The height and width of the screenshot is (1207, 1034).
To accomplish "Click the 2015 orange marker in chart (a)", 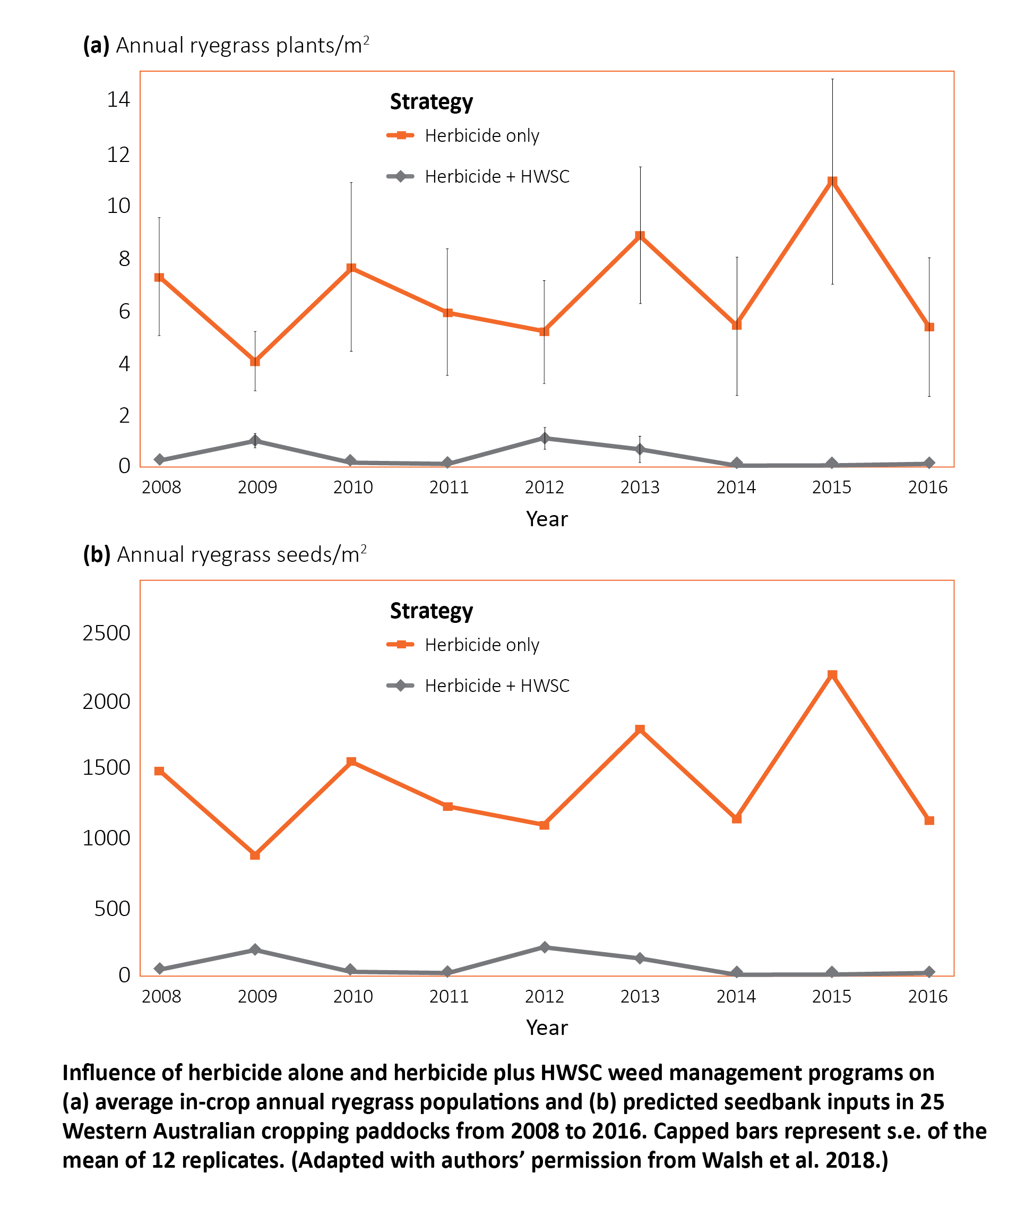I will click(x=832, y=182).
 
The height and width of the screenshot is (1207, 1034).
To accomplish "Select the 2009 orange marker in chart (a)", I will click(x=254, y=361).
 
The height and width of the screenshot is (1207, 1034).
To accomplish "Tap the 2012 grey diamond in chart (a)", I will click(x=545, y=438).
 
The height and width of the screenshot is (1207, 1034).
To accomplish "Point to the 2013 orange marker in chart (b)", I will click(x=640, y=729).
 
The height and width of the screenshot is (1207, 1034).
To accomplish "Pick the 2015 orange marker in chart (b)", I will click(x=832, y=674).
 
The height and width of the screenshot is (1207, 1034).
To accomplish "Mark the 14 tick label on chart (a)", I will click(x=118, y=100).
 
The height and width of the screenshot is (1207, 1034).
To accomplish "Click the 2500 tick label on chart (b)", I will click(x=107, y=632).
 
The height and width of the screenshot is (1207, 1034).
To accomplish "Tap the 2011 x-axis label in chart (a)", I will click(x=449, y=487).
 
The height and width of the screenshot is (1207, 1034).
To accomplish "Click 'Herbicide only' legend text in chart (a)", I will click(x=481, y=136).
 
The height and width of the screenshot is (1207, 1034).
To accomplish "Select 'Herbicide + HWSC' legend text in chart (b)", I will click(x=497, y=686).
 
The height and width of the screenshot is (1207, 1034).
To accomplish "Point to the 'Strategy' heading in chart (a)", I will click(x=432, y=101).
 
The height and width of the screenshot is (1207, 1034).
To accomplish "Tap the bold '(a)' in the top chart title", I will click(x=96, y=46).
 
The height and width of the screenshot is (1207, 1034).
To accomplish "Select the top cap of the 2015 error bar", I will click(x=832, y=79).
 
